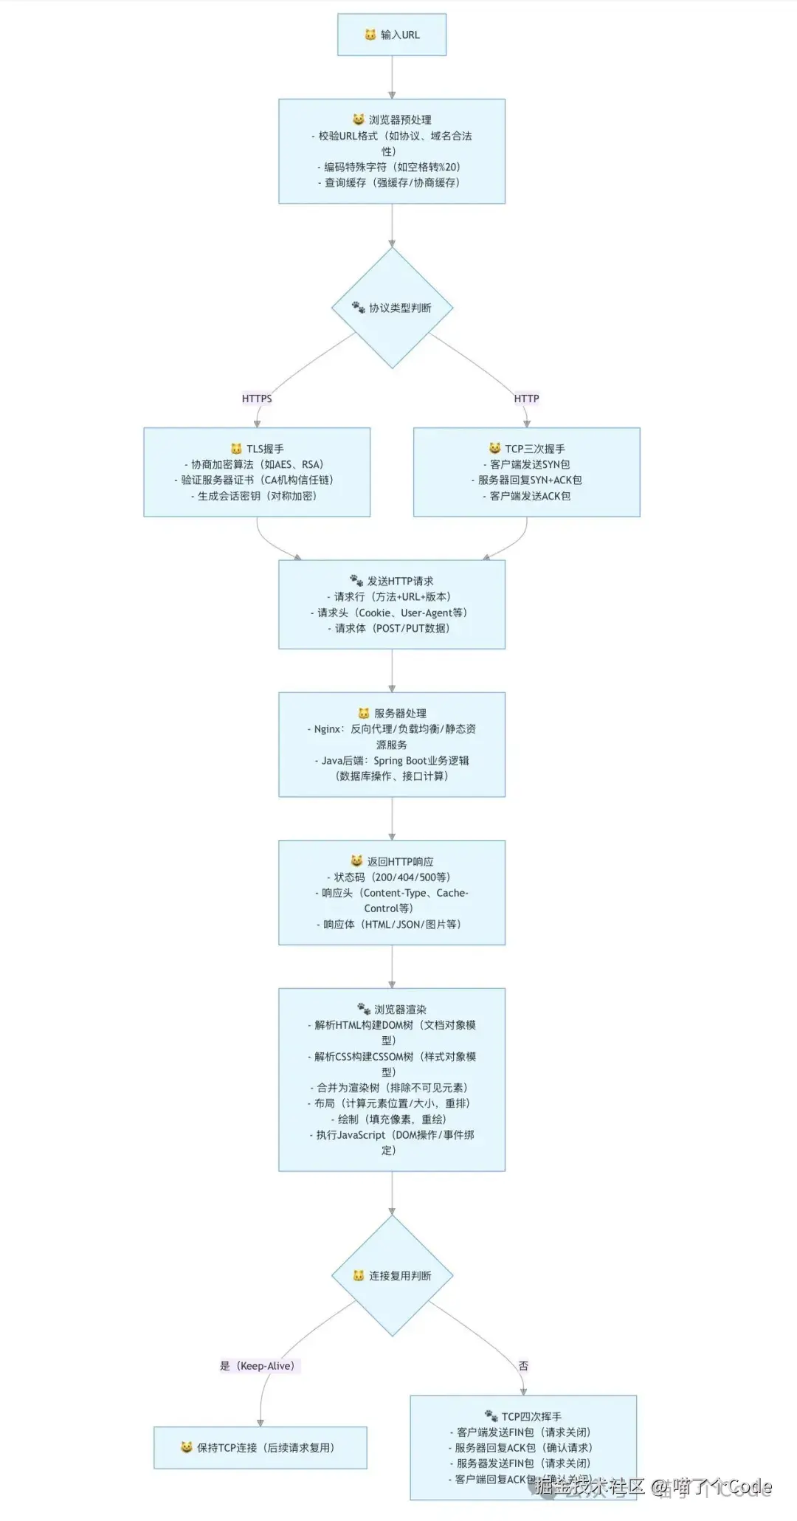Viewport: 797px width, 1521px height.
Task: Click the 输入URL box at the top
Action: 392,35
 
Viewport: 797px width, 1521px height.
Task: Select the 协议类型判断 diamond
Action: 392,308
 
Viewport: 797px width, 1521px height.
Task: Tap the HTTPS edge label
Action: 257,399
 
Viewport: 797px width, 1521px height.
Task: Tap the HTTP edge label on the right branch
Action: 526,399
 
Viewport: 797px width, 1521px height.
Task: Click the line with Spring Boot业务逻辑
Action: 392,760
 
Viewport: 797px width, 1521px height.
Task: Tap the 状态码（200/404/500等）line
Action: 389,877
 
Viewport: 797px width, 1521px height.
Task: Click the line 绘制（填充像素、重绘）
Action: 389,1119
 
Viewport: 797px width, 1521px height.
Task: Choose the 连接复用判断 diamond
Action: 392,1275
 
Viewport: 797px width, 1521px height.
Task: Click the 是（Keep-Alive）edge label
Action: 258,1366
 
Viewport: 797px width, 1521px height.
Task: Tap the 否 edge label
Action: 523,1366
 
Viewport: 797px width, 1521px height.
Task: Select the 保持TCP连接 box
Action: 260,1447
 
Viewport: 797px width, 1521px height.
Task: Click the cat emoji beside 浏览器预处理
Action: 359,119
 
